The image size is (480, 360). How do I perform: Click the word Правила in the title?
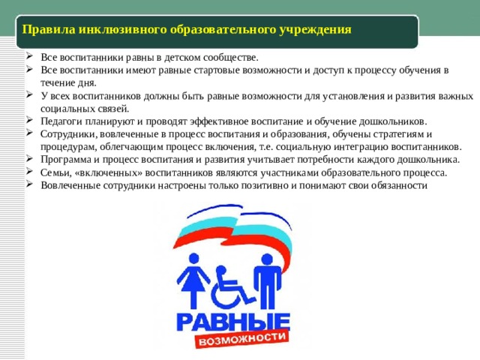[x=44, y=30]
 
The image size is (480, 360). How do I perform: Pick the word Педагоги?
[x=61, y=121]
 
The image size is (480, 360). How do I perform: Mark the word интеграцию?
[x=358, y=146]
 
